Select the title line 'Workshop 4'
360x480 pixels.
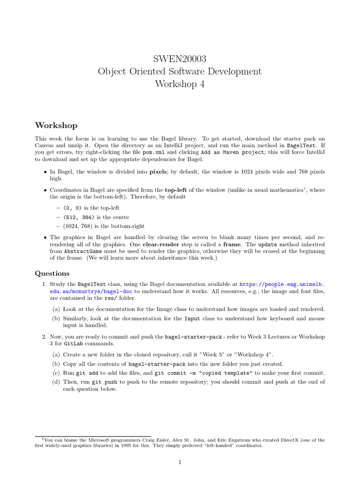tap(180, 84)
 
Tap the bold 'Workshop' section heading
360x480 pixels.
tap(56, 125)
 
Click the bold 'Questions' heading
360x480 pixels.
tap(52, 273)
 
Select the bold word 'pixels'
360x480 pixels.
tap(158, 172)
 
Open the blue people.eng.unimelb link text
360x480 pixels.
tap(282, 284)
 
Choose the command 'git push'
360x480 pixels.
tap(104, 382)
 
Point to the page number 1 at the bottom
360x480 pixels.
tap(180, 462)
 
